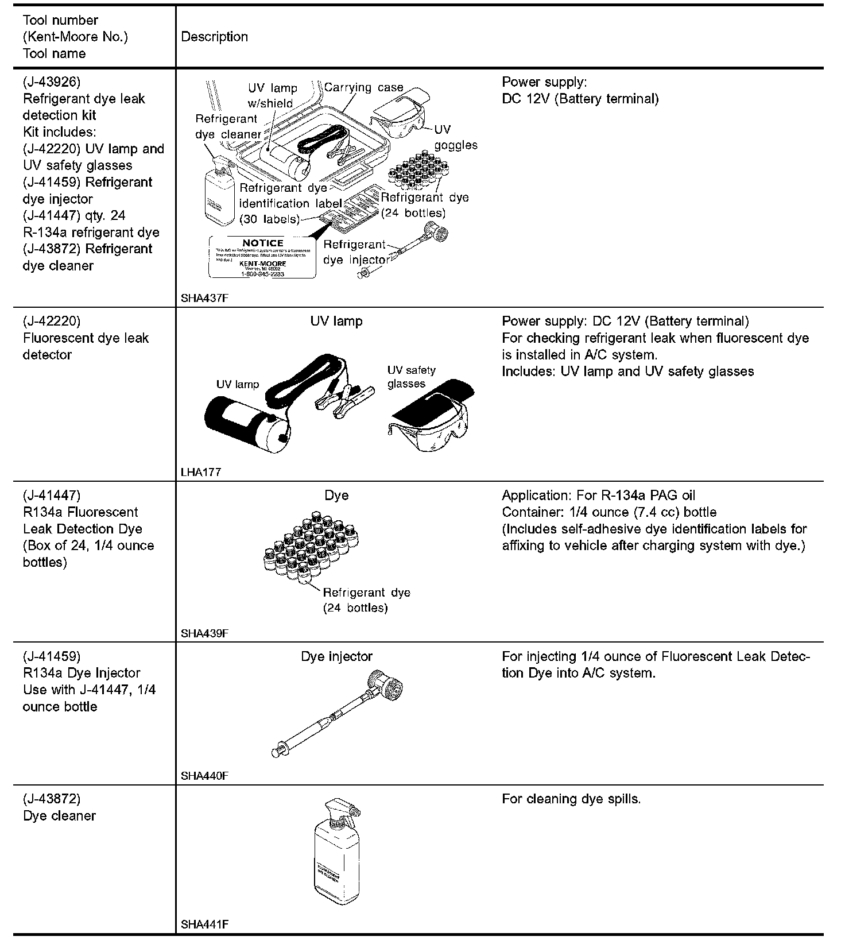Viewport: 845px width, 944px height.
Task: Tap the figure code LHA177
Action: pos(200,473)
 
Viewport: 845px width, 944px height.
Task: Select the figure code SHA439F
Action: pos(205,633)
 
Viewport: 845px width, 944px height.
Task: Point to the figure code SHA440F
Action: pos(205,776)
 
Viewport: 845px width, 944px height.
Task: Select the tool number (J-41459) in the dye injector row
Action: pos(52,656)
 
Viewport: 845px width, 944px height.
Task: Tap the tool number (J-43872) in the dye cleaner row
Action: pos(52,799)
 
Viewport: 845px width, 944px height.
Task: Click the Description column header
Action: pos(215,37)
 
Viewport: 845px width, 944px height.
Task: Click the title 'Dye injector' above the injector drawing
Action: pos(336,656)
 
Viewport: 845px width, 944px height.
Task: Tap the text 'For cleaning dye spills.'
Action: pos(571,799)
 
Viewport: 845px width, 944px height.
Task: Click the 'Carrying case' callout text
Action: pos(363,87)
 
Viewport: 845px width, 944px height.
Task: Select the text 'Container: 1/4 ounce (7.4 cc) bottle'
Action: pos(609,512)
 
